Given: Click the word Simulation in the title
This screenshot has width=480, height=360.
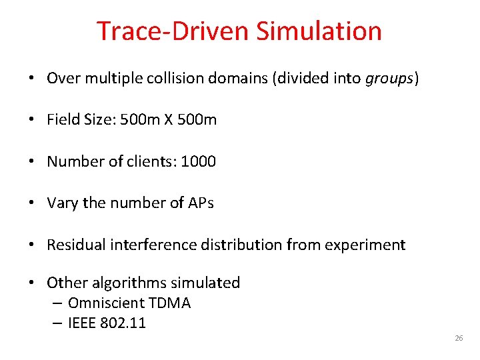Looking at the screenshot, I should click(319, 31).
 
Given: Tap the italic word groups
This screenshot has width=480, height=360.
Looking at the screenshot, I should click(390, 79).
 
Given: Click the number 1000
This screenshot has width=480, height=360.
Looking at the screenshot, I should click(199, 162).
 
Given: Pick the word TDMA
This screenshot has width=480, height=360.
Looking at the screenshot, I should click(170, 303).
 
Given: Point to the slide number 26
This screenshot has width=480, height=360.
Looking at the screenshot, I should click(459, 339).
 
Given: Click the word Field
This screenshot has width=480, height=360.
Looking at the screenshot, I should click(61, 120).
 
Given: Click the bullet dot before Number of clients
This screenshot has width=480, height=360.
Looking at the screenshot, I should click(33, 162).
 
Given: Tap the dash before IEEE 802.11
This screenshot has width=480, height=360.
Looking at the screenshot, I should click(57, 324).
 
